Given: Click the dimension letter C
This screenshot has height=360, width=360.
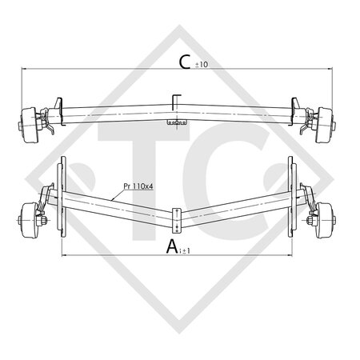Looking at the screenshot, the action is tap(185, 62).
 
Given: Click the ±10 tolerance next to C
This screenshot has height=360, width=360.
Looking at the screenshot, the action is tap(202, 65).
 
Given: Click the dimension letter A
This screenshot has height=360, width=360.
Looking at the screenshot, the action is tap(172, 246).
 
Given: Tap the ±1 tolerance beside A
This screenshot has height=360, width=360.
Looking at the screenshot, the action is tap(186, 250).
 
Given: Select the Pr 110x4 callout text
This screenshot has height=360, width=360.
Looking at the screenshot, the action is tap(138, 186).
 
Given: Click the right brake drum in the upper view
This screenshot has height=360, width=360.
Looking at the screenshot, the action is tap(324, 125).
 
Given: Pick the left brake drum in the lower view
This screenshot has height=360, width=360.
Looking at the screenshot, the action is tap(30, 220).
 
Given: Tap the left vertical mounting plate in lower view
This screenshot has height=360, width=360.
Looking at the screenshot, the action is tap(62, 197).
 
